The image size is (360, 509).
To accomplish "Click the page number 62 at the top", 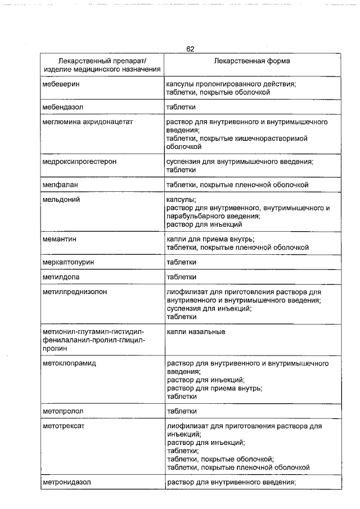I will pyautogui.click(x=190, y=49).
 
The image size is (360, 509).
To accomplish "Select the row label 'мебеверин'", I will pyautogui.click(x=61, y=84).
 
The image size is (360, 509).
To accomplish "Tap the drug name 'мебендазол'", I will pyautogui.click(x=64, y=106).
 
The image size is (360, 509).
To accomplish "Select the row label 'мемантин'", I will pyautogui.click(x=60, y=239).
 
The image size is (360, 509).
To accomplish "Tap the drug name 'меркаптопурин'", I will pyautogui.click(x=67, y=262).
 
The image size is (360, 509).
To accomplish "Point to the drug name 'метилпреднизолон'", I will pyautogui.click(x=74, y=292).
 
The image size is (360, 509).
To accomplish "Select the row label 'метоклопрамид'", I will pyautogui.click(x=69, y=363).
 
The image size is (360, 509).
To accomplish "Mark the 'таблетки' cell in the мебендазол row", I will pyautogui.click(x=181, y=106).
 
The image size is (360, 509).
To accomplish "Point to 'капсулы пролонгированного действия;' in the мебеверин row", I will pyautogui.click(x=231, y=84).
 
